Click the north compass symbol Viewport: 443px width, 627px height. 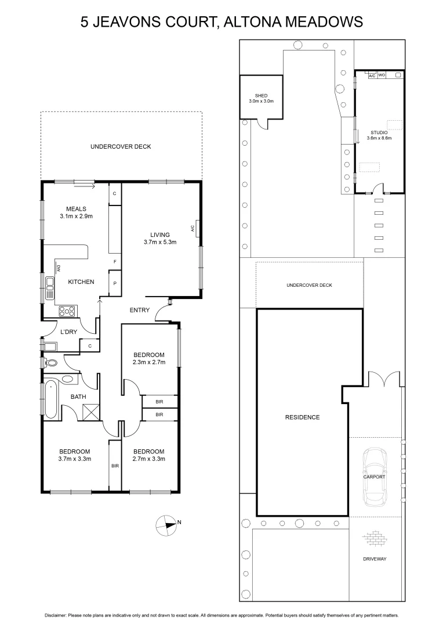click(166, 524)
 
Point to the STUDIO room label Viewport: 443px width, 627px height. click(379, 132)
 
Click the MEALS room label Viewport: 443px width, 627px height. click(76, 209)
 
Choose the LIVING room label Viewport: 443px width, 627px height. click(159, 235)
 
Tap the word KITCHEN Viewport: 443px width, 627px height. click(81, 282)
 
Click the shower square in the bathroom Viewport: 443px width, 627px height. click(90, 413)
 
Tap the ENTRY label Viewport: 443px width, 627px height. click(139, 310)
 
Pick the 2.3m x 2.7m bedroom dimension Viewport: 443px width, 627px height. click(149, 362)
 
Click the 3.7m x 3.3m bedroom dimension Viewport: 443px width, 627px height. click(74, 459)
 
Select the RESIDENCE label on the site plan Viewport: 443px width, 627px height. click(302, 417)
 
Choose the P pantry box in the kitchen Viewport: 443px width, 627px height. click(115, 284)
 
